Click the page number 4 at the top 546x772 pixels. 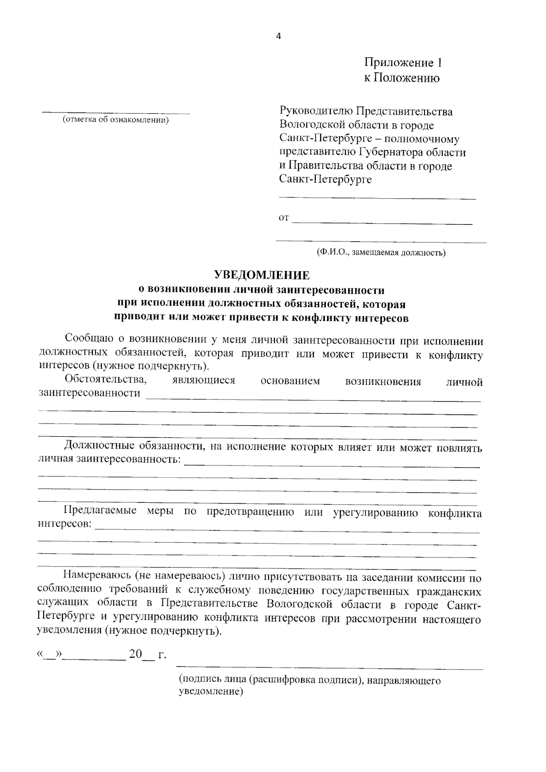pos(278,37)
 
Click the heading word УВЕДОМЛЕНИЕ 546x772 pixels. pos(262,275)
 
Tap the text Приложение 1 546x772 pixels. pos(403,62)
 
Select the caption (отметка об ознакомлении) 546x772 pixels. pos(116,120)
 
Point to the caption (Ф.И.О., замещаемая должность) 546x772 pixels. pos(381,252)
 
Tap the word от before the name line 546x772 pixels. pos(283,218)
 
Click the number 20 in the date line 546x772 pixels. pos(136,654)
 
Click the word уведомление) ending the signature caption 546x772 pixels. pos(210,691)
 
